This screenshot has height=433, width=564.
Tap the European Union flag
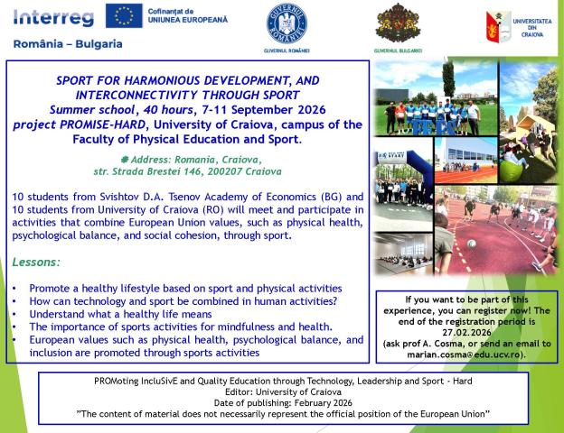click(x=122, y=15)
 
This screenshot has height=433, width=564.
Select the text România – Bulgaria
click(x=69, y=43)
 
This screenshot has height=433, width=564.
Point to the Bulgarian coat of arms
click(x=400, y=23)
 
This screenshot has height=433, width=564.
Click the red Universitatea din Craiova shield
click(x=498, y=23)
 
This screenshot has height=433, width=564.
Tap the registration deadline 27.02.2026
click(x=467, y=330)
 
